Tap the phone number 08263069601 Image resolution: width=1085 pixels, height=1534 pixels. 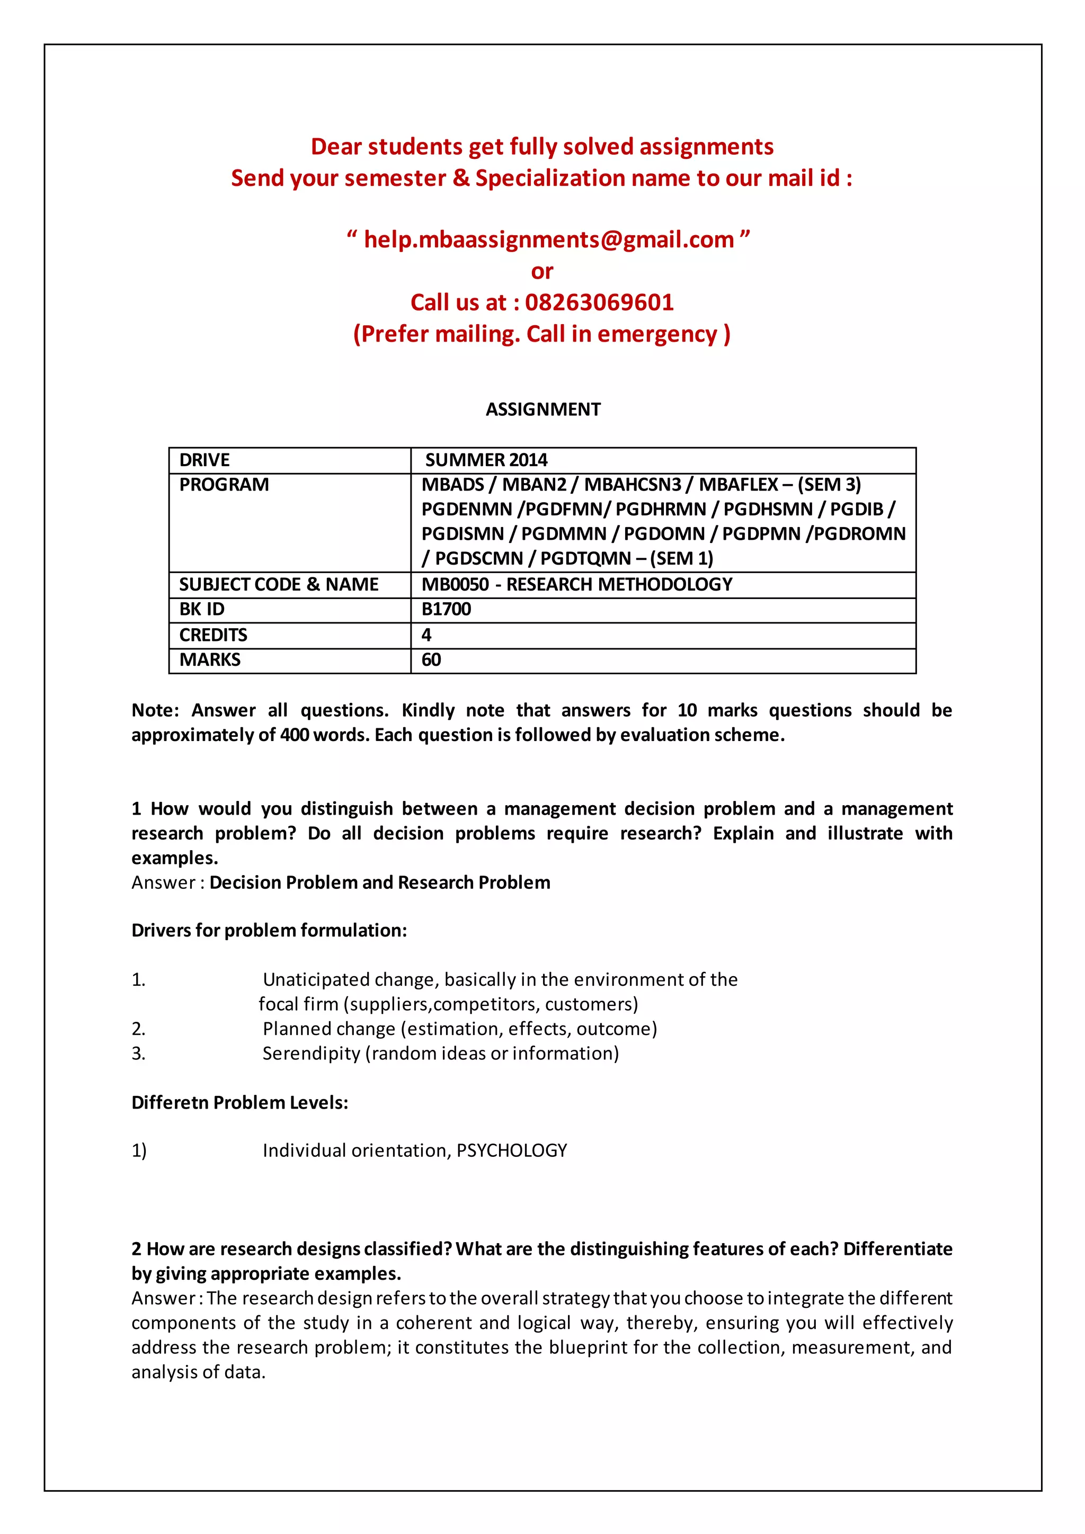599,302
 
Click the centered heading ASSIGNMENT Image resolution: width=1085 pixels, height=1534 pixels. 542,409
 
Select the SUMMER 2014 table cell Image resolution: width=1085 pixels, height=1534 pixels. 486,460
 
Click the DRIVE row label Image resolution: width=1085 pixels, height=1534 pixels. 204,460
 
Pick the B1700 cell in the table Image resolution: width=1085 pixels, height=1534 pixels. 446,609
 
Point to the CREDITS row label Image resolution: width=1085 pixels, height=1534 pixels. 213,635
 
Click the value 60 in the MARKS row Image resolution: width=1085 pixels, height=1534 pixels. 431,659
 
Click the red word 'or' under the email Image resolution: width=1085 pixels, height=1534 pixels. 542,271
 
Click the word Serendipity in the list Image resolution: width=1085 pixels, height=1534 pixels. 310,1053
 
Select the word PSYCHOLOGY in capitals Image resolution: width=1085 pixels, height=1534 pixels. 512,1150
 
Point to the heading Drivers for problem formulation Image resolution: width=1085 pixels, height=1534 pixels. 269,930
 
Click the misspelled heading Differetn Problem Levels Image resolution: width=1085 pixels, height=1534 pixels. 239,1102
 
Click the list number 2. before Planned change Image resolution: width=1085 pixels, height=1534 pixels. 138,1028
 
